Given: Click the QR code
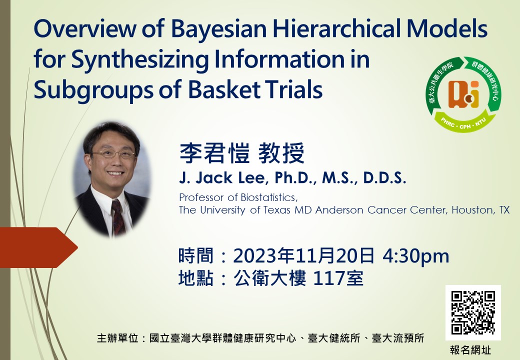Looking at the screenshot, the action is point(473,312).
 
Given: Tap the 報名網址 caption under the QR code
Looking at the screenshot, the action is point(470,350).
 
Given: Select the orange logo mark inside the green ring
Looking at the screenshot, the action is point(463,94).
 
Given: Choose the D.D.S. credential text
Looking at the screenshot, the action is point(384,178).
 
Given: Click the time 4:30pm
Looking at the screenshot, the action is point(416,256).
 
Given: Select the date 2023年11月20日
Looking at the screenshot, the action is point(304,255).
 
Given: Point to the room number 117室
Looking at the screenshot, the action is point(338,278).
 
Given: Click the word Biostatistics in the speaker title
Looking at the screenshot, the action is point(269,197).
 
